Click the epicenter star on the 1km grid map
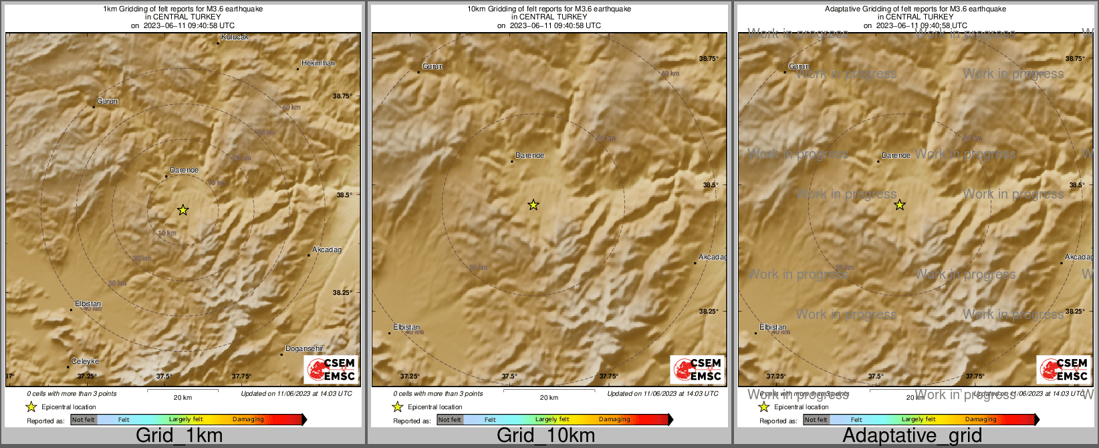tap(182, 210)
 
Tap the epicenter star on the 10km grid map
tap(533, 205)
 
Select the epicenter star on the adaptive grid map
tap(900, 205)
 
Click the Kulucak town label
tap(235, 37)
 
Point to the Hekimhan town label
tap(318, 64)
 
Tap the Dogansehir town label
tap(304, 349)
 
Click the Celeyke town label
tap(85, 362)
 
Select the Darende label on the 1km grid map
tap(184, 171)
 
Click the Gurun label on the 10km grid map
tap(433, 67)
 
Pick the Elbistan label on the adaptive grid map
tap(773, 328)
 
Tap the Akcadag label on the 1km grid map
tap(327, 250)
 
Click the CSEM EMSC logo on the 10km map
tap(697, 369)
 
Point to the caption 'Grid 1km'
tap(179, 436)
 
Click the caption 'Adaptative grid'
tap(912, 436)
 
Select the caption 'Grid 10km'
tap(545, 436)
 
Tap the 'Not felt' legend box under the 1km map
tap(84, 420)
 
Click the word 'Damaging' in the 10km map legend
tap(614, 420)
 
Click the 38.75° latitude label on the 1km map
tap(342, 96)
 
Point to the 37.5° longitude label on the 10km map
tap(509, 376)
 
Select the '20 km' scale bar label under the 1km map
tap(182, 398)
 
